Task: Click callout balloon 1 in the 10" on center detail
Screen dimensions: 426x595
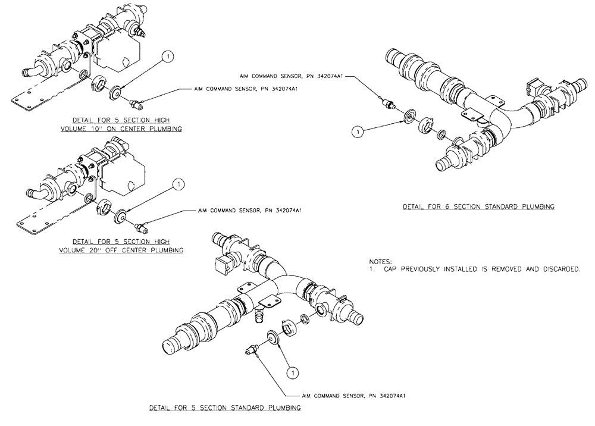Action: tap(168, 57)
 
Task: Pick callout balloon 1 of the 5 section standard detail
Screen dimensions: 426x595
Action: tap(292, 373)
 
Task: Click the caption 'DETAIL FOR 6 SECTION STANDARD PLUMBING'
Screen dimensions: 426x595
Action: tap(478, 207)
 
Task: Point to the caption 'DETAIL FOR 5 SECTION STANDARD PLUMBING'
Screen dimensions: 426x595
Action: tap(224, 408)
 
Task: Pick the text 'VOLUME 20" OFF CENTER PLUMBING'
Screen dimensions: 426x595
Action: tap(121, 250)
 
